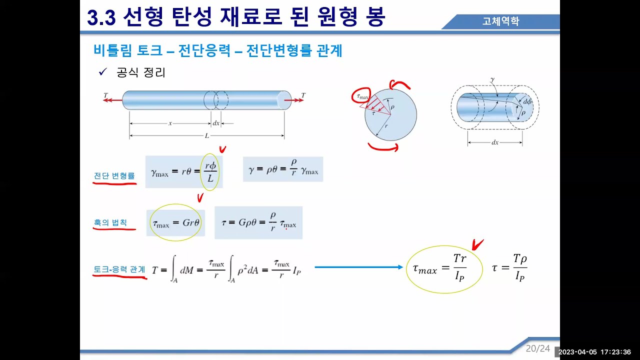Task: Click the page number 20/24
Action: [537, 348]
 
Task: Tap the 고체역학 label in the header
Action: [500, 21]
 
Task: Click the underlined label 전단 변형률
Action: [114, 175]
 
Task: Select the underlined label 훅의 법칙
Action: [110, 222]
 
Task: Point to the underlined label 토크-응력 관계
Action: [119, 269]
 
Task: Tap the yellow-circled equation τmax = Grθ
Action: [176, 223]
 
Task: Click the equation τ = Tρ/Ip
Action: [510, 268]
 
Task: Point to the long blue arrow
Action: [358, 267]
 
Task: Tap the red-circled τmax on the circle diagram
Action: [360, 95]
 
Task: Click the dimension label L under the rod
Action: [206, 135]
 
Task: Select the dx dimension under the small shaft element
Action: [494, 142]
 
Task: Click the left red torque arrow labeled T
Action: [112, 100]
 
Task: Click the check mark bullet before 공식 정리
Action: [103, 72]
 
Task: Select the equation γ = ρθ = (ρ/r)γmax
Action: [283, 169]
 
